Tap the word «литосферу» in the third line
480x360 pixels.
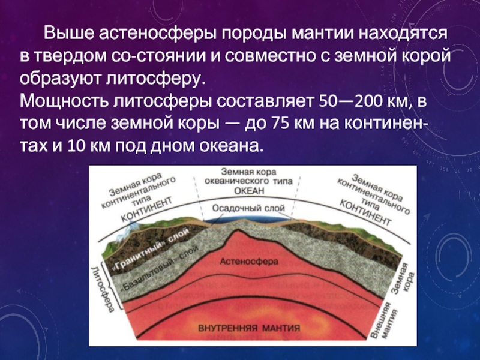tap(155, 79)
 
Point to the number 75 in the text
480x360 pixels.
tap(278, 124)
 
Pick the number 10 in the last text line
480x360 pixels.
tap(75, 146)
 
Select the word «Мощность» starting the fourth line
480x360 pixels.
tap(64, 101)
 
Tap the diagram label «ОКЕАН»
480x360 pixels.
tap(249, 191)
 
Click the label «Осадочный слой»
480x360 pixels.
tap(248, 208)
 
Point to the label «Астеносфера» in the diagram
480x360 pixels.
tap(249, 262)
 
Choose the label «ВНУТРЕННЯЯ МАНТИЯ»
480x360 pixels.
tap(249, 328)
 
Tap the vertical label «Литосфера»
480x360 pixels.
tap(103, 289)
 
